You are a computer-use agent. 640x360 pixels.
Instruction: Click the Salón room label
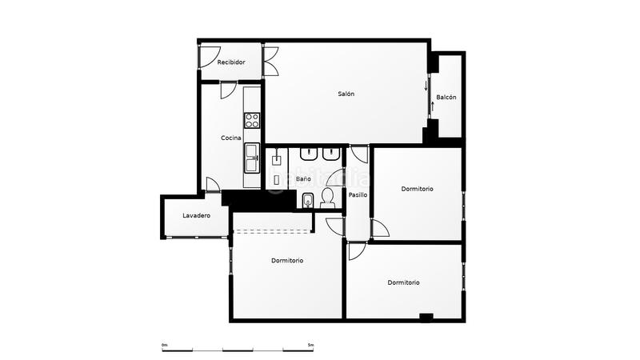click(346, 94)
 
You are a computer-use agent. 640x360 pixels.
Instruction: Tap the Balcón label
click(446, 98)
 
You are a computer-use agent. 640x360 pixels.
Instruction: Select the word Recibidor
click(230, 62)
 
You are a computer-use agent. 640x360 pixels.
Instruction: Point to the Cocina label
click(231, 138)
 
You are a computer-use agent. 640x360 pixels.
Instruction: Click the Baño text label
click(303, 179)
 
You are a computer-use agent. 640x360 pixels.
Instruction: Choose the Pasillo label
click(358, 195)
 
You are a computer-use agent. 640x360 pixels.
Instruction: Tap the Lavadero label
click(196, 216)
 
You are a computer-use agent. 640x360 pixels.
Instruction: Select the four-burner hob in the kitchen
click(252, 121)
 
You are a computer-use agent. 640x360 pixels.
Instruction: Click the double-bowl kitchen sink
click(252, 158)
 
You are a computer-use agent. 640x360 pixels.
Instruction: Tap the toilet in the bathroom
click(327, 198)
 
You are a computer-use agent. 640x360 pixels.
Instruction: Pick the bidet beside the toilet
click(309, 201)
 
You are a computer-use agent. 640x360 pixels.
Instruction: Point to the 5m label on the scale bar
click(310, 345)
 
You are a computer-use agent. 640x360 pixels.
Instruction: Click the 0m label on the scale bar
click(165, 345)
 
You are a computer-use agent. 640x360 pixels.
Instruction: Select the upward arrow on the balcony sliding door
click(432, 105)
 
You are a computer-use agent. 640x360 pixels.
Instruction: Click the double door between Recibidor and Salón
click(271, 61)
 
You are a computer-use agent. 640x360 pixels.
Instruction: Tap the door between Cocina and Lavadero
click(212, 185)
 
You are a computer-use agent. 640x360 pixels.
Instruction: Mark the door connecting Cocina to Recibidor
click(227, 89)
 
